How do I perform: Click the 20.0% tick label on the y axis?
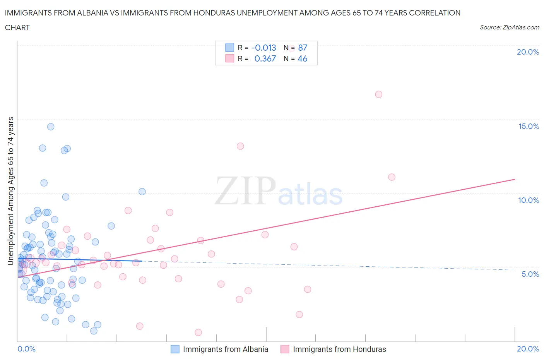[528, 52]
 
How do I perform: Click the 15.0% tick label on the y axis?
[528, 127]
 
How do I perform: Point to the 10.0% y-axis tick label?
[528, 201]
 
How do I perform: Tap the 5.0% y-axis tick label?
[530, 274]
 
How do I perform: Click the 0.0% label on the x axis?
[26, 349]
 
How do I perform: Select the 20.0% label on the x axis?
[528, 349]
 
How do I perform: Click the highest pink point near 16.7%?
[379, 94]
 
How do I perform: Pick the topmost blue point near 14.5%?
[51, 127]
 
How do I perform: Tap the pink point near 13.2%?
[240, 146]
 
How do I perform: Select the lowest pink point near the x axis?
[198, 333]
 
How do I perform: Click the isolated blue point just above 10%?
[142, 192]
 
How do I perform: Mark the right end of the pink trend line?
[515, 179]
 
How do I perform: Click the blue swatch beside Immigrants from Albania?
[175, 349]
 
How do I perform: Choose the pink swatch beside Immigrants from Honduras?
[285, 349]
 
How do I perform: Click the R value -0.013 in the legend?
[263, 48]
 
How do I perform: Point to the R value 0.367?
[265, 59]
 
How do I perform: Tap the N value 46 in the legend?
[302, 59]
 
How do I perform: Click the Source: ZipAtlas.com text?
[509, 27]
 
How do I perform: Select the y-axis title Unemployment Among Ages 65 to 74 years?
[10, 191]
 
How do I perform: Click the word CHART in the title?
[17, 27]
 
